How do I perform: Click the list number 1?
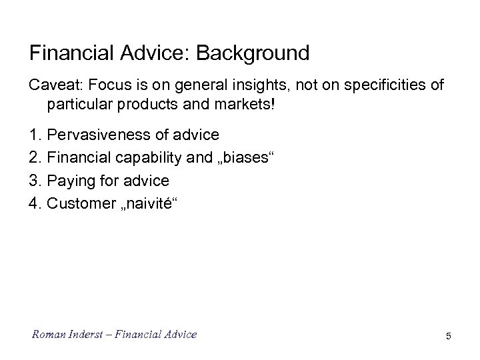35,135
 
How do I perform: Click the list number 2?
35,158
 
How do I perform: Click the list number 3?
35,181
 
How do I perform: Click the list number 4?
35,203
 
